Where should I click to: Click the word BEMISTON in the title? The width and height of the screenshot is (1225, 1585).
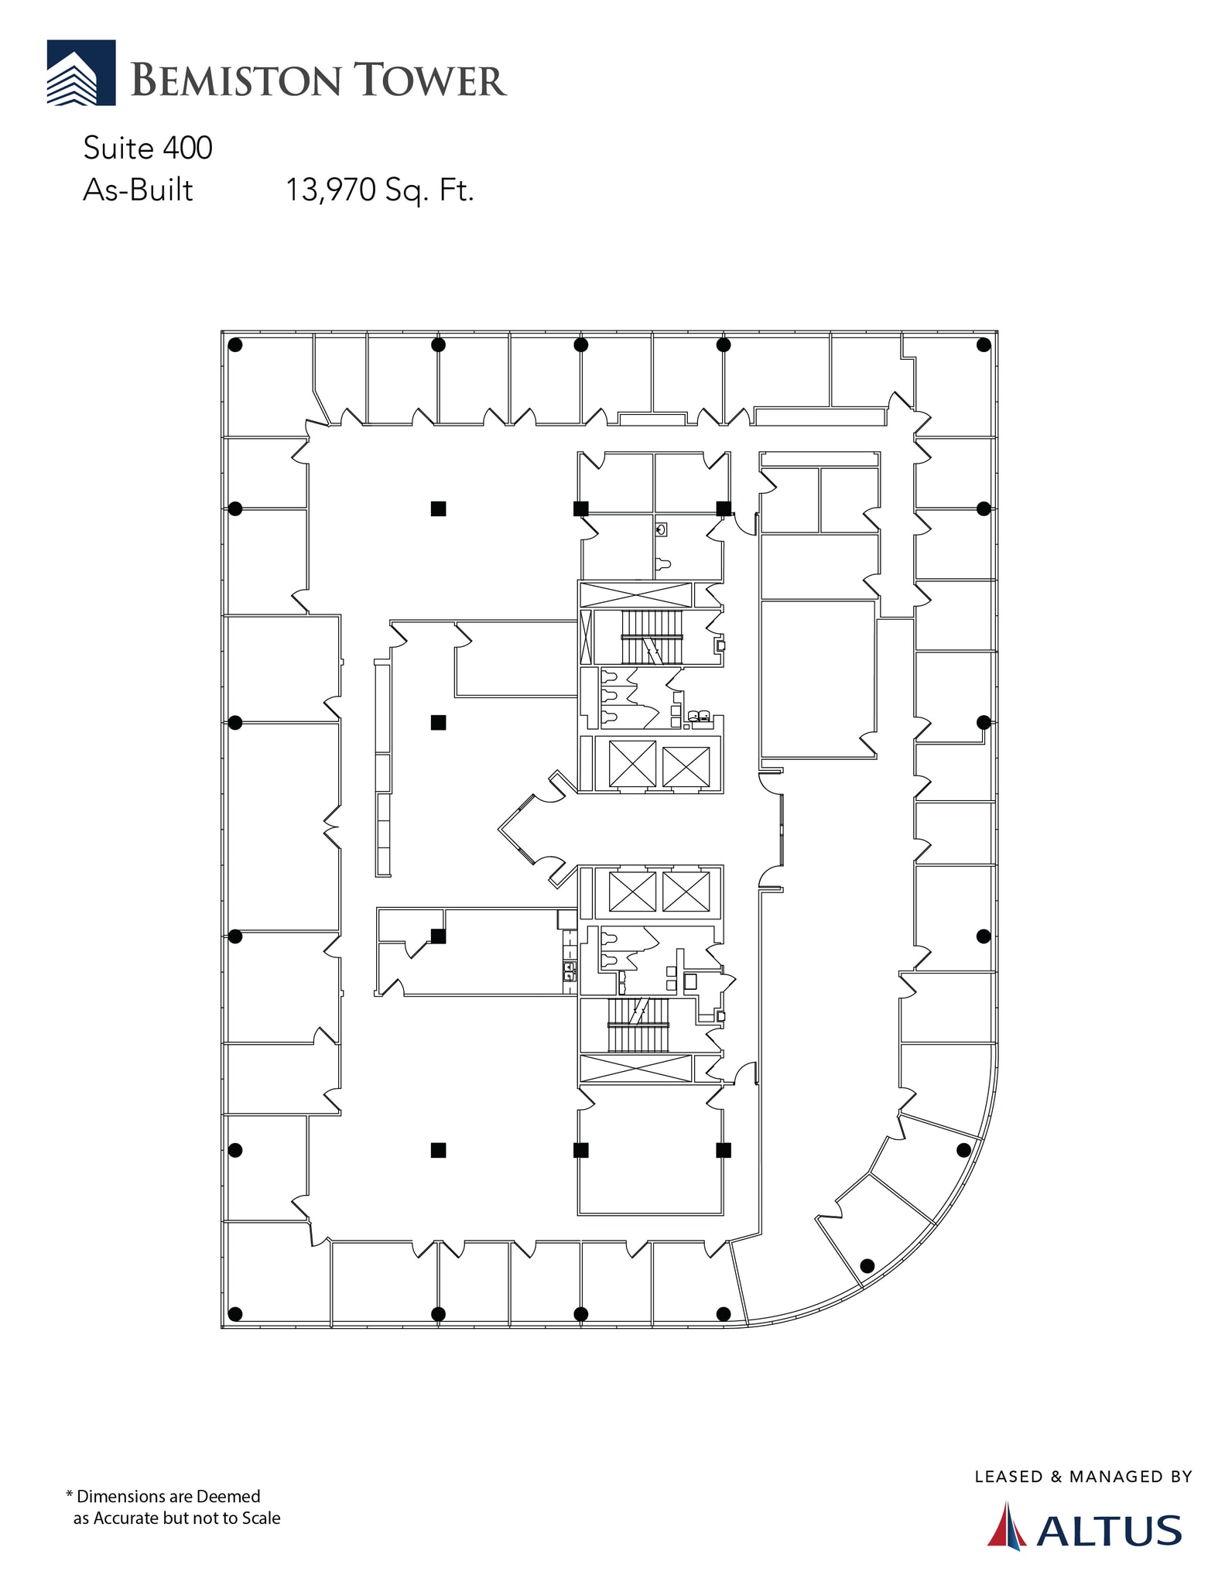click(236, 80)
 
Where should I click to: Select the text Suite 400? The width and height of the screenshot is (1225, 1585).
click(148, 148)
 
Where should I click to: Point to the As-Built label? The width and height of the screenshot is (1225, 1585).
click(138, 190)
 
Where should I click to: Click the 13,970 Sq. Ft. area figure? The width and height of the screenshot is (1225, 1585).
click(379, 190)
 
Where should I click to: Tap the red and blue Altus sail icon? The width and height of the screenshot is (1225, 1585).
click(1007, 1525)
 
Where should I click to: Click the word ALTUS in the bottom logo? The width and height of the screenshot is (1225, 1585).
click(1109, 1531)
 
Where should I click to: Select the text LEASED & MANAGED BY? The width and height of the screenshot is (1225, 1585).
click(1083, 1477)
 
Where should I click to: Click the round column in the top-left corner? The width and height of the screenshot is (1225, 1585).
click(236, 345)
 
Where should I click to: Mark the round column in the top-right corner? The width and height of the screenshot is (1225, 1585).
click(984, 345)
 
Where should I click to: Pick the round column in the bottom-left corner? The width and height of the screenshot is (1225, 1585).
click(236, 1313)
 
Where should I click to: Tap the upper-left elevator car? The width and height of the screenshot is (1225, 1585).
click(632, 764)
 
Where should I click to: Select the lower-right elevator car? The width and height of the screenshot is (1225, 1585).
click(686, 892)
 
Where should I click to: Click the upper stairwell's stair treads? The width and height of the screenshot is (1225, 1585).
click(652, 637)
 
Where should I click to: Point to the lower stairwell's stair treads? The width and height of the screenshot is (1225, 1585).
click(638, 1025)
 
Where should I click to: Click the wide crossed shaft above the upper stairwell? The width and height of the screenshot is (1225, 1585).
click(635, 595)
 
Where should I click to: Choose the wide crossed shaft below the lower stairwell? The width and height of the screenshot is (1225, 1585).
click(635, 1069)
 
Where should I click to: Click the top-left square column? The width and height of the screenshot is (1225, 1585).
click(438, 508)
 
